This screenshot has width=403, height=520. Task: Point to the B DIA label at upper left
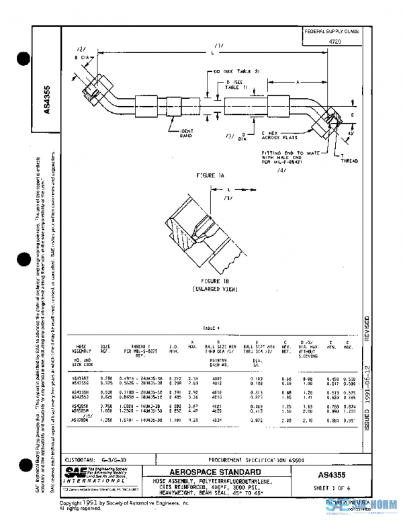tap(81, 58)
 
